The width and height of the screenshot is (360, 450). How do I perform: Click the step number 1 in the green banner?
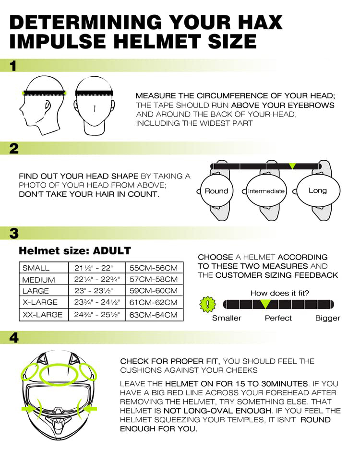[13, 66]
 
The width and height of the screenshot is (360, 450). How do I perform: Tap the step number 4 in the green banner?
[14, 338]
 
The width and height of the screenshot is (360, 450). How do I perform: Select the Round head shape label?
[216, 191]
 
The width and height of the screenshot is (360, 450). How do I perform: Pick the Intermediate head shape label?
[266, 191]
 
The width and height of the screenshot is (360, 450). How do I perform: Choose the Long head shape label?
[317, 190]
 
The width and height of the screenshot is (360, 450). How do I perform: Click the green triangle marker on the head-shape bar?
[292, 166]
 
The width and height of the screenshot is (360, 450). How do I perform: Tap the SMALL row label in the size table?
[36, 268]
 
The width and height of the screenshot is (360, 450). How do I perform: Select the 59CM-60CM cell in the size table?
[154, 291]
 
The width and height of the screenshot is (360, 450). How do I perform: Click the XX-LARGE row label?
[42, 315]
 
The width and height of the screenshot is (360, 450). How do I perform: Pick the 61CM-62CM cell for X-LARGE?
[154, 303]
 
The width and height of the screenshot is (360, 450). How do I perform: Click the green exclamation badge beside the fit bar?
[207, 304]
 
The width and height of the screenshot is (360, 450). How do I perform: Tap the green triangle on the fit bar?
[265, 304]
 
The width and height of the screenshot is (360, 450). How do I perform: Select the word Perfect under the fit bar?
[278, 318]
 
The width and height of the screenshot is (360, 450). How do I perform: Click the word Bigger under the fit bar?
[327, 318]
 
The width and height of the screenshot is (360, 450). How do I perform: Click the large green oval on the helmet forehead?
[58, 373]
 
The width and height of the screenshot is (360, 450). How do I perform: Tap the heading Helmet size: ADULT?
[74, 251]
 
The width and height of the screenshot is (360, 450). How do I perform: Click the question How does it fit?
[279, 293]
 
